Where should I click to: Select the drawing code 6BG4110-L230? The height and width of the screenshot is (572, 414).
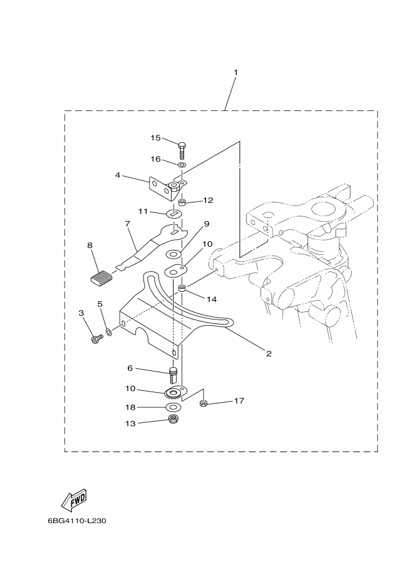(77, 521)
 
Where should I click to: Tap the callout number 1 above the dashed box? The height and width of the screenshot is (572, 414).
(235, 72)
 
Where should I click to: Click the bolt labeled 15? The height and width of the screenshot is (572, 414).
(182, 150)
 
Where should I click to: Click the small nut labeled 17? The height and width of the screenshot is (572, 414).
(204, 403)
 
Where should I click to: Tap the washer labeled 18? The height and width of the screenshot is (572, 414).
(173, 407)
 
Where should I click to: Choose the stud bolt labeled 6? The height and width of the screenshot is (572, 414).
(173, 375)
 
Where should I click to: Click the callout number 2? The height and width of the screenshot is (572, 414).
(269, 353)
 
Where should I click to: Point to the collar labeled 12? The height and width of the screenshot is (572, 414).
(183, 201)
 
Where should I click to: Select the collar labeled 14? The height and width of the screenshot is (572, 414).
(183, 289)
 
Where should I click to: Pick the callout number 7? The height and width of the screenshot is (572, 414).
(127, 223)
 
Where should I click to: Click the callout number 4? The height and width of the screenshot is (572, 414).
(118, 175)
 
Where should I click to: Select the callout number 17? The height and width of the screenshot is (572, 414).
(239, 400)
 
